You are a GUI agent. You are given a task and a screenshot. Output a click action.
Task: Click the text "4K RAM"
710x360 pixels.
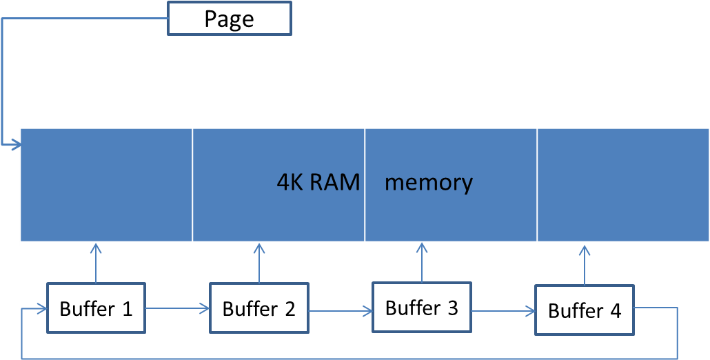pos(318,182)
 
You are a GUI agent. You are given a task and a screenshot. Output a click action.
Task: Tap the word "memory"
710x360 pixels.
pos(428,182)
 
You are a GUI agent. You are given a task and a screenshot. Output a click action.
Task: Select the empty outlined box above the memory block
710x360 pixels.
pos(230,18)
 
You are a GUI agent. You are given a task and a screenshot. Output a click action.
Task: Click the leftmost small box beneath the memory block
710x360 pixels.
pos(96,308)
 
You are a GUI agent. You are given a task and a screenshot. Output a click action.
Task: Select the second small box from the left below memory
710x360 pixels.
pos(259,308)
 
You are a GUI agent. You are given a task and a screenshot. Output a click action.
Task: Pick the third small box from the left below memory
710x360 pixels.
pos(422,307)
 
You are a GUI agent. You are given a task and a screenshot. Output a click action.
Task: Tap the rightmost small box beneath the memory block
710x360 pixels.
pos(585,310)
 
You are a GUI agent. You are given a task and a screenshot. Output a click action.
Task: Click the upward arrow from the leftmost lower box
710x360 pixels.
pos(96,262)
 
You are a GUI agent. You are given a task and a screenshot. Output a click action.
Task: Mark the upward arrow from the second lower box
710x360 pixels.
pos(259,262)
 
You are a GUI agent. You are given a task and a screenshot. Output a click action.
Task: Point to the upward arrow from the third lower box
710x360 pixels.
pos(422,262)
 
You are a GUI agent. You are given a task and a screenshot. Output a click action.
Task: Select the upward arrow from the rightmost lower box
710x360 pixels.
pos(585,263)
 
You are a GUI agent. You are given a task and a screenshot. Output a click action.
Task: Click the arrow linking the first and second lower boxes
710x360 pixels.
pos(177,308)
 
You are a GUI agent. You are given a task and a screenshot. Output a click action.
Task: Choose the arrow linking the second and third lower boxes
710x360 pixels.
pos(341,311)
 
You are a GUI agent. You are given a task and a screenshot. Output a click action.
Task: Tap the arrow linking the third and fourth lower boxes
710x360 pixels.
pos(503,311)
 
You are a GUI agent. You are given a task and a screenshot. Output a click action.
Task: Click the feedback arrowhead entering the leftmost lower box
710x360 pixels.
pos(41,309)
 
